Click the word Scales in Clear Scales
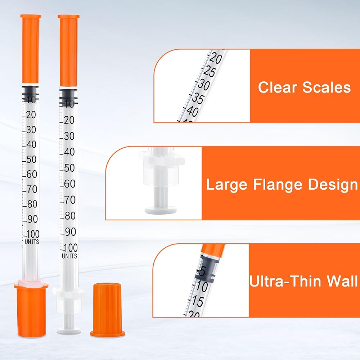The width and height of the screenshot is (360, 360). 327,87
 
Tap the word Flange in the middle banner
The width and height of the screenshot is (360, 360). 277,184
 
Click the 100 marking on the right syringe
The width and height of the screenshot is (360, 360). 71,248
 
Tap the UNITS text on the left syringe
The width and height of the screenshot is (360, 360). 32,242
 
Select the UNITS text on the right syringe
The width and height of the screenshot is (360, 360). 69,256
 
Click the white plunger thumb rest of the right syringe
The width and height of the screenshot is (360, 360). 69,331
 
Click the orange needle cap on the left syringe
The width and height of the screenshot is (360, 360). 31,49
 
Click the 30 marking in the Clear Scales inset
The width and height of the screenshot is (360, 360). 204,85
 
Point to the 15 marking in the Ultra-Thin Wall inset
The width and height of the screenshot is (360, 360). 197,301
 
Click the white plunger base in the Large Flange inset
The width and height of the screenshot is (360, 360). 161,210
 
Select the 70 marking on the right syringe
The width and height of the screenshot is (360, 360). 69,200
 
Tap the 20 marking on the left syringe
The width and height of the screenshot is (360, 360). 31,114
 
